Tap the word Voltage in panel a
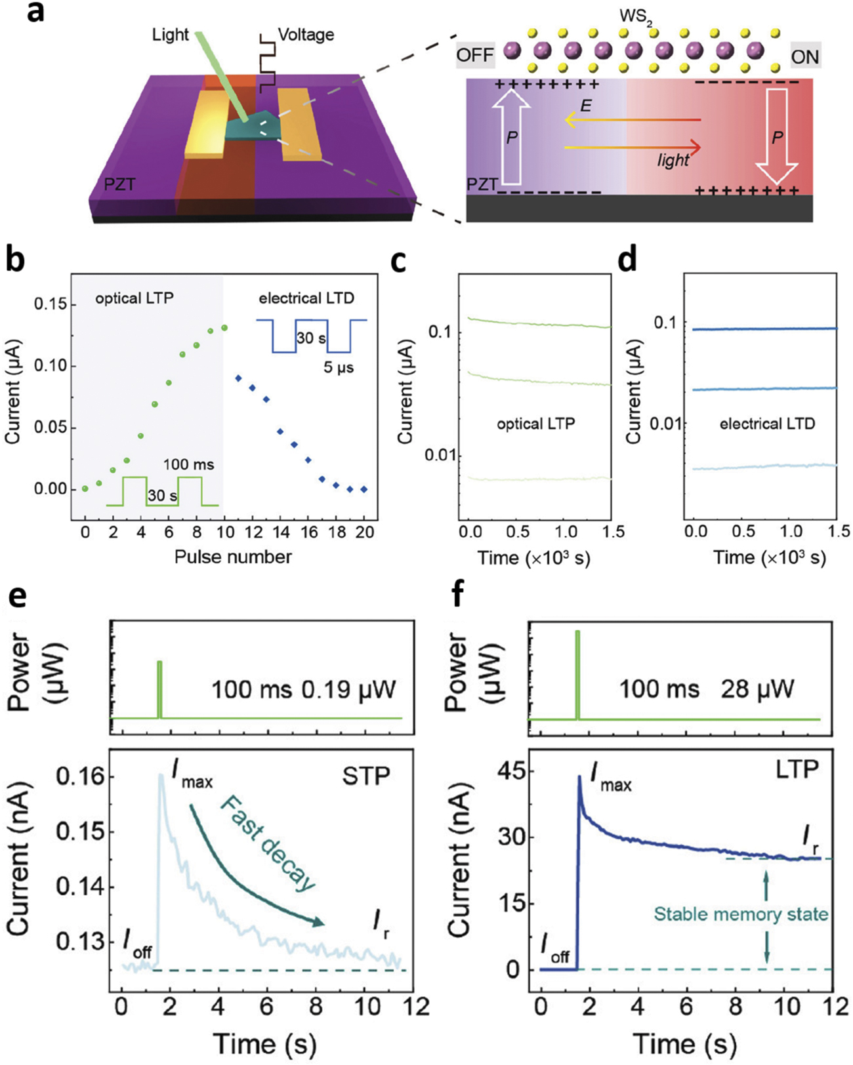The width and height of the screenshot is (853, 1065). [x=306, y=34]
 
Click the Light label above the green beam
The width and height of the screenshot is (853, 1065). [x=170, y=35]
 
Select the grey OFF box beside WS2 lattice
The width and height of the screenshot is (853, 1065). [x=474, y=55]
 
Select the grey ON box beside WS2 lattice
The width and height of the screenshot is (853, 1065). [x=804, y=56]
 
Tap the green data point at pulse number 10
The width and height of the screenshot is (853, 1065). [x=224, y=328]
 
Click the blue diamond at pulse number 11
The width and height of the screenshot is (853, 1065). [x=238, y=378]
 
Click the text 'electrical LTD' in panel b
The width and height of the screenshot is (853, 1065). [x=306, y=298]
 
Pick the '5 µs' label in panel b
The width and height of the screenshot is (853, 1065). [x=339, y=367]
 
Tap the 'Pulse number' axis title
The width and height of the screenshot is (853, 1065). [x=233, y=557]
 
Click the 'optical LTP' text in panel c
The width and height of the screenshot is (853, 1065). [x=535, y=424]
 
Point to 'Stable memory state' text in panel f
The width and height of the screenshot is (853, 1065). [x=741, y=914]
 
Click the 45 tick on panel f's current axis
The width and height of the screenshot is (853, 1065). [x=515, y=772]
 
